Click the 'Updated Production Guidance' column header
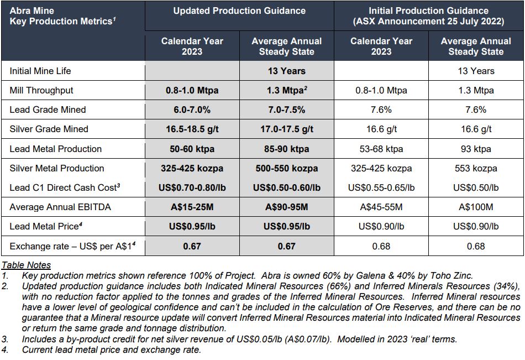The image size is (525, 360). pos(239,11)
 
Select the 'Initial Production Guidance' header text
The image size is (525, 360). pos(428,11)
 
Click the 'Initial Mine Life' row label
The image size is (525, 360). pos(40,71)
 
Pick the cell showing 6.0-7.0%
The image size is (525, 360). pos(192,109)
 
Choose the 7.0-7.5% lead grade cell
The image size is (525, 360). pos(286,109)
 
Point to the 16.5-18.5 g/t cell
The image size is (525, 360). pos(192,129)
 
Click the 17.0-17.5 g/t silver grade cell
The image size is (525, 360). pos(286,129)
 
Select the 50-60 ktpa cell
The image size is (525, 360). pos(192,149)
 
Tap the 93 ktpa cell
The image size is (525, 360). pos(476,149)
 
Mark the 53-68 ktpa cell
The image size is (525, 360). pos(381,149)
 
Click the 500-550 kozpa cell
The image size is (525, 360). pos(286,168)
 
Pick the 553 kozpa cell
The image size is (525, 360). pos(476,168)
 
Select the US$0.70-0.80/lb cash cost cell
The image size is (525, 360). pos(192,187)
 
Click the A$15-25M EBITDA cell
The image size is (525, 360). pos(192,207)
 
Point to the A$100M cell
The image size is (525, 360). pos(476,207)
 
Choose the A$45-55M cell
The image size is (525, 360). pos(381,207)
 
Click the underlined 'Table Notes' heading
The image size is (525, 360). pos(26,265)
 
